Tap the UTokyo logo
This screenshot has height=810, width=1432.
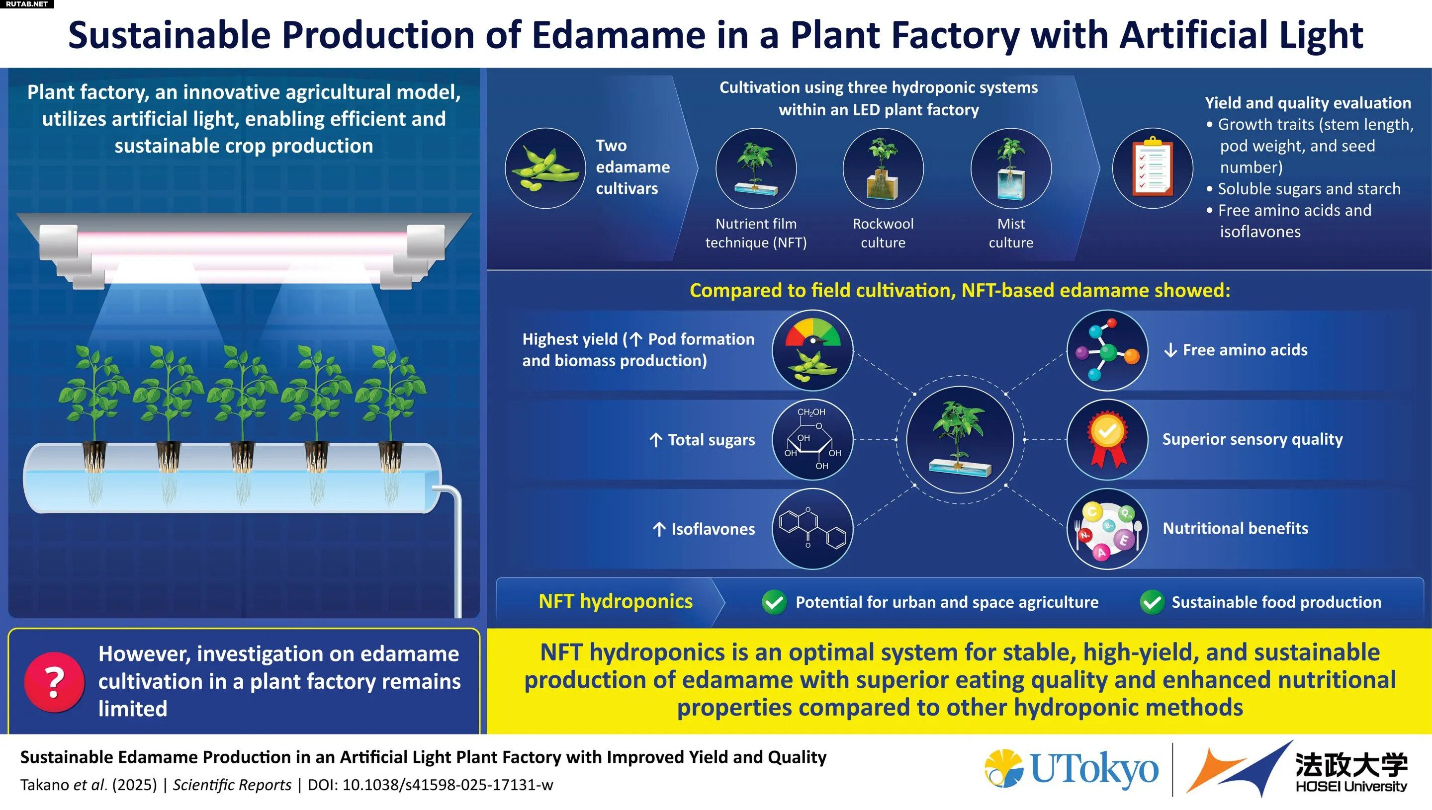(x=1072, y=769)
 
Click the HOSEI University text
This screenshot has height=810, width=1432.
(x=1351, y=786)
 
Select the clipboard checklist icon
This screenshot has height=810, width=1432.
(x=1152, y=168)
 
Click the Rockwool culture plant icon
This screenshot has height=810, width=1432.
(x=883, y=168)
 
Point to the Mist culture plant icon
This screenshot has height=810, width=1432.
(x=1011, y=168)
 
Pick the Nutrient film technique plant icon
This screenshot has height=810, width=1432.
(x=756, y=168)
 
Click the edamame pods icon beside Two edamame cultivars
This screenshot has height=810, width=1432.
(x=545, y=168)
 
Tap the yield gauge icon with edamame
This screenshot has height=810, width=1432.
(x=812, y=350)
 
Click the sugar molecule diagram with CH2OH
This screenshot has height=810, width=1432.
(x=812, y=439)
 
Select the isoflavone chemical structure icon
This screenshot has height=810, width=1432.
(x=812, y=529)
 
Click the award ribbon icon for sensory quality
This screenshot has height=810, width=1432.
(x=1107, y=439)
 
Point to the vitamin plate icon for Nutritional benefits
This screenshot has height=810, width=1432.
(x=1107, y=529)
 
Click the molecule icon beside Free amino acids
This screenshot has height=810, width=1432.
(x=1107, y=350)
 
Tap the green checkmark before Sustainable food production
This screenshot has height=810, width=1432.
(x=1152, y=602)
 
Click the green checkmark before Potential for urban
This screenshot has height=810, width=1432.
(x=774, y=602)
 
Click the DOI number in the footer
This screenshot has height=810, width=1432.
(x=447, y=785)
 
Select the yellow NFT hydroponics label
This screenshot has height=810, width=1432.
(x=616, y=601)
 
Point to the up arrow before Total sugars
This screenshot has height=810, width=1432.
(x=656, y=440)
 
